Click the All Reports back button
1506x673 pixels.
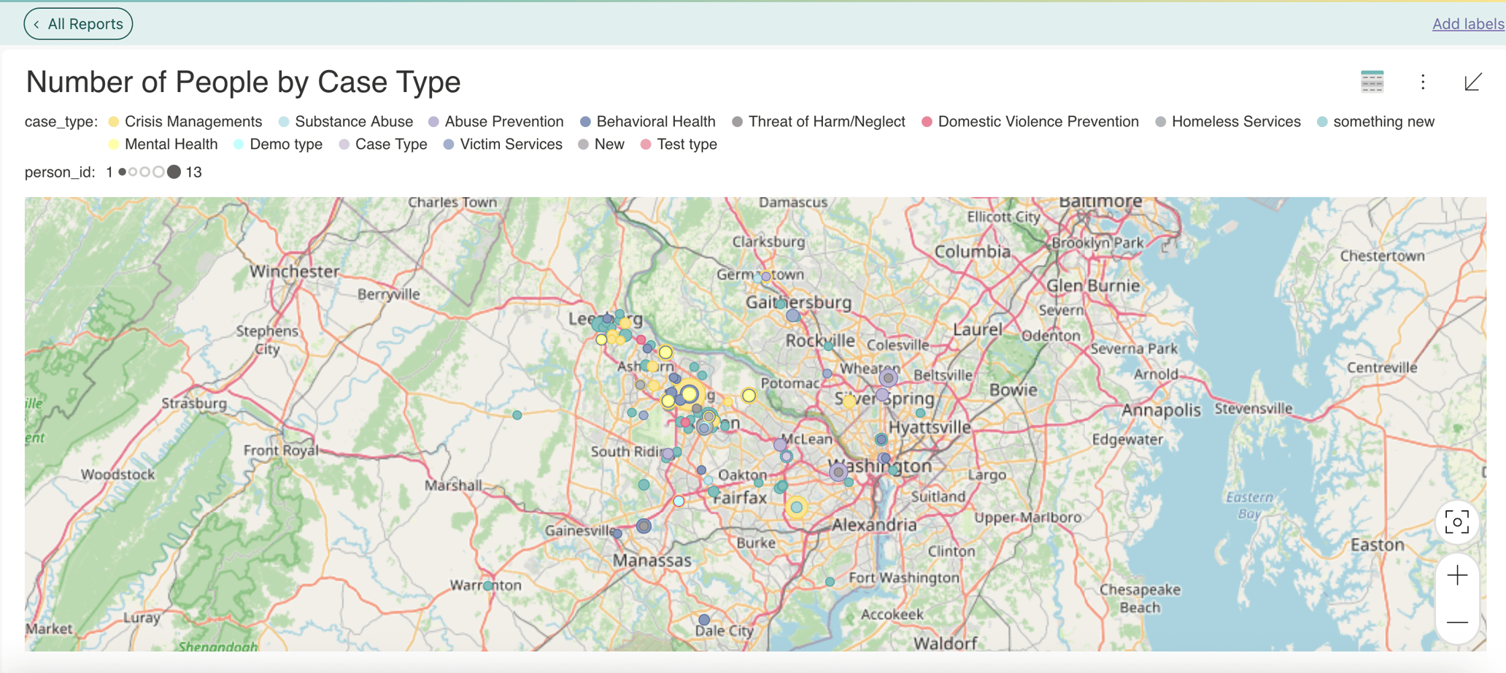78,24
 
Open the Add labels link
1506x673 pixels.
1467,24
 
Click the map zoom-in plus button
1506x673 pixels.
1457,576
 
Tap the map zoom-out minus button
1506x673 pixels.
1457,623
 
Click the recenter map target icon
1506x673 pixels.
1457,523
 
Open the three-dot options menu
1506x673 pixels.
1423,82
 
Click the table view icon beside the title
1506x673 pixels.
1372,82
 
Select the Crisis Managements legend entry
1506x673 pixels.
193,122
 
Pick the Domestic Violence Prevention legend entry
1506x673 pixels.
1038,122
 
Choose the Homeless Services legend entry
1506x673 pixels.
1235,122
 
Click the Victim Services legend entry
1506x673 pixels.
511,145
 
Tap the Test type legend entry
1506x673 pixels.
686,145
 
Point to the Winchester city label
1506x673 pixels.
294,272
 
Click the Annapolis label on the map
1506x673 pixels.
1161,410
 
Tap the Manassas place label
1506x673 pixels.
652,561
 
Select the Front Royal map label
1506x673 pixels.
281,450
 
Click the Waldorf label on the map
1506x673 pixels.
945,643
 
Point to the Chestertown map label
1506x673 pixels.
1382,256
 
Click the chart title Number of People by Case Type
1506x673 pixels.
243,82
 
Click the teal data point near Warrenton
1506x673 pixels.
488,586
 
